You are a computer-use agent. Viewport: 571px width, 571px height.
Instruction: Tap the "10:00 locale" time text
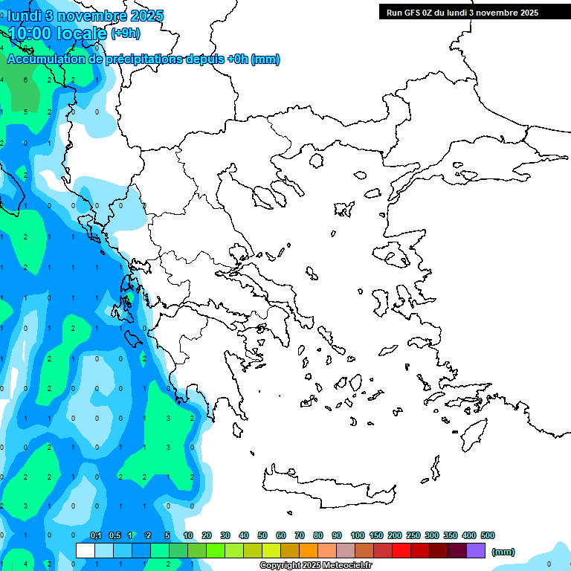(57, 33)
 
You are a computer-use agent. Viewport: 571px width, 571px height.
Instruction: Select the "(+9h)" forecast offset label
(125, 33)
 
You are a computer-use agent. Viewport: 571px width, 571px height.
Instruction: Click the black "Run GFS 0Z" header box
(462, 12)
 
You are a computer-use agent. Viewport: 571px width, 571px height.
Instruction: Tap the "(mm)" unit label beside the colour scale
(503, 552)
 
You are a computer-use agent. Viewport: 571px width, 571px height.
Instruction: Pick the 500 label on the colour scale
(488, 535)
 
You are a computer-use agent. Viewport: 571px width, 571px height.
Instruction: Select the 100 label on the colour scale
(358, 535)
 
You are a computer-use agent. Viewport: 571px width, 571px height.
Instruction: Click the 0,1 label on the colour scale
(96, 535)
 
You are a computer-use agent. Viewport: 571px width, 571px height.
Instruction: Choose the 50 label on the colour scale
(262, 535)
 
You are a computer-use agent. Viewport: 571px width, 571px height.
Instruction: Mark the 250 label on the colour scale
(413, 535)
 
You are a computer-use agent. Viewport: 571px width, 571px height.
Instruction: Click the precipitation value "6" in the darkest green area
(25, 80)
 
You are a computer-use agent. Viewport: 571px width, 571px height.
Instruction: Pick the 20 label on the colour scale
(207, 535)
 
